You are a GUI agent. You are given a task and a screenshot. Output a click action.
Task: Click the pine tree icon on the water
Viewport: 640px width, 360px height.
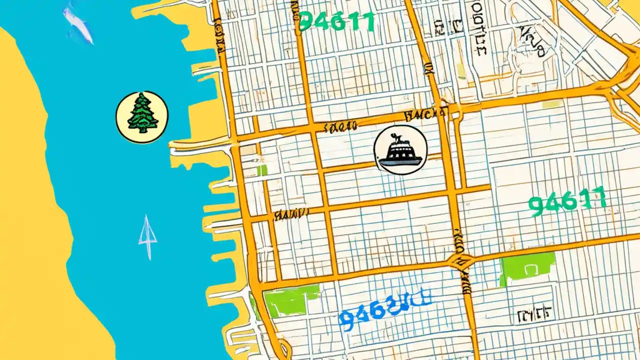[142, 117]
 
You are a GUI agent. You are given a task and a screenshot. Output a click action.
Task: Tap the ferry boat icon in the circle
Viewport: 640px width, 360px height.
[400, 150]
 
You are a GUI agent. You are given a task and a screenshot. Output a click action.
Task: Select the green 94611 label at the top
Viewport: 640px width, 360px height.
[336, 21]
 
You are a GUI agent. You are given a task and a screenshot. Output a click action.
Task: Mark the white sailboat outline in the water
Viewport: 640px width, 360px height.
[147, 236]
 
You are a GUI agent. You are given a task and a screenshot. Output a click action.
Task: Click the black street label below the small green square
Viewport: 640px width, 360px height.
[290, 215]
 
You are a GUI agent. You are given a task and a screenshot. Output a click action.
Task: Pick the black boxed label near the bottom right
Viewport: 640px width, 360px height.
[535, 313]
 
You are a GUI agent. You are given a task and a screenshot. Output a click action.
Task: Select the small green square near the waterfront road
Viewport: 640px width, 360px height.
[262, 170]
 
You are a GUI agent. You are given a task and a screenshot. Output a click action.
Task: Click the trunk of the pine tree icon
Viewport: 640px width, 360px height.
[142, 130]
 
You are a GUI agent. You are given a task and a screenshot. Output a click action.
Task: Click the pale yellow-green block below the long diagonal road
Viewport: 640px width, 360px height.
[552, 104]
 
